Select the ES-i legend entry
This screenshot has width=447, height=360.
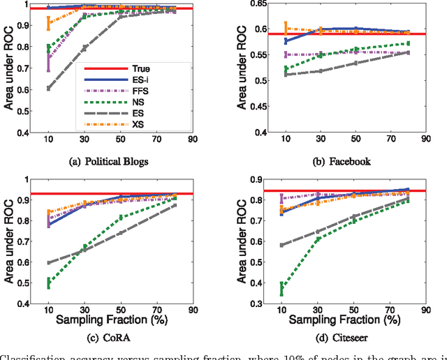point(140,80)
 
